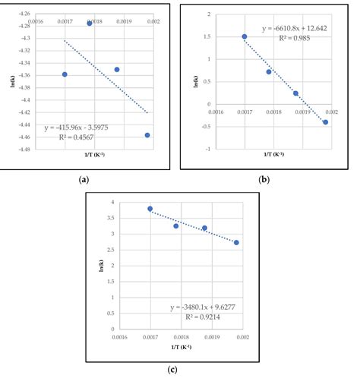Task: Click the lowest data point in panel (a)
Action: pyautogui.click(x=147, y=135)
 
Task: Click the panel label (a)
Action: pyautogui.click(x=84, y=179)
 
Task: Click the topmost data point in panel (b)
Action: pyautogui.click(x=245, y=36)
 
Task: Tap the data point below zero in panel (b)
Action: pyautogui.click(x=325, y=122)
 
